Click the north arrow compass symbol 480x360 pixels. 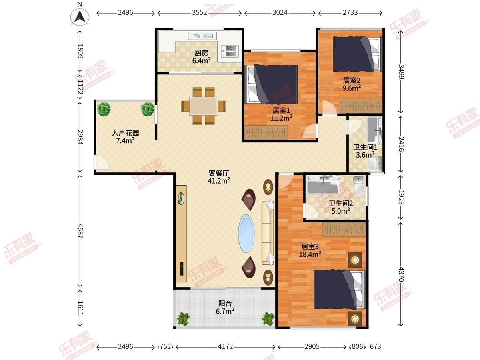point(80,17)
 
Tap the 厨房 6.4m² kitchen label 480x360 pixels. point(202,57)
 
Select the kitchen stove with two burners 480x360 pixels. point(230,51)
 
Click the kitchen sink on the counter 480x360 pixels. point(202,36)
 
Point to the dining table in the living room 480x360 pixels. point(204,106)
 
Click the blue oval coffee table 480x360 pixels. point(246,234)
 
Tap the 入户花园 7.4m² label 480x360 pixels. point(125,137)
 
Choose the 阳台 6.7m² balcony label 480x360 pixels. point(225,307)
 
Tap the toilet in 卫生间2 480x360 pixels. point(359,185)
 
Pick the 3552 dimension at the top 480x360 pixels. point(200,13)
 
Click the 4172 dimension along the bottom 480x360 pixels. point(226,346)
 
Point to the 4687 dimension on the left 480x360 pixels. point(80,231)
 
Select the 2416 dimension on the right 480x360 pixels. point(401,144)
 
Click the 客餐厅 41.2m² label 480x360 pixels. point(219,177)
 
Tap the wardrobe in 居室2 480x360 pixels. point(360,106)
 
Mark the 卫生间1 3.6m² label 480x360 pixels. point(365,151)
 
